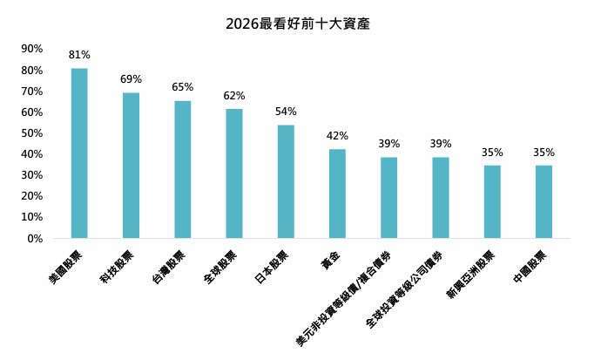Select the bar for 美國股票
[79, 153]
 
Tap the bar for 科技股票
[131, 165]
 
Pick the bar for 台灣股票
[183, 169]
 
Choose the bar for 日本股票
[286, 181]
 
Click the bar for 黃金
[337, 194]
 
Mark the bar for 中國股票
[544, 201]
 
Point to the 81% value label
[79, 55]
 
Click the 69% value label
[131, 79]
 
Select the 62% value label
[234, 95]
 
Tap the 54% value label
[286, 112]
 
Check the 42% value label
[337, 136]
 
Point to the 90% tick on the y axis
[31, 49]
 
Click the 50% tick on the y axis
[31, 133]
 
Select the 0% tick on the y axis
[35, 238]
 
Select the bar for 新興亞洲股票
[492, 201]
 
